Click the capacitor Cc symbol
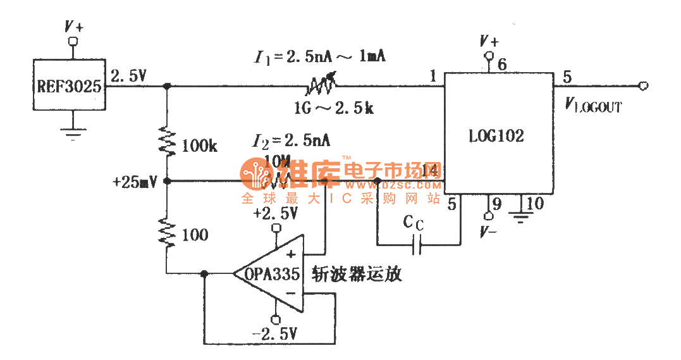(417, 244)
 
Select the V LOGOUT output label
(592, 106)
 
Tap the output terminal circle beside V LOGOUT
(644, 86)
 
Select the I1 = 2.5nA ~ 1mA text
(319, 57)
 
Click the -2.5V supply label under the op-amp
(274, 334)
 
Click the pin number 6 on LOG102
(502, 64)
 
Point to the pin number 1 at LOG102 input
(433, 77)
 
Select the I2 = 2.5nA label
(291, 140)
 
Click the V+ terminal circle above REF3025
(73, 42)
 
